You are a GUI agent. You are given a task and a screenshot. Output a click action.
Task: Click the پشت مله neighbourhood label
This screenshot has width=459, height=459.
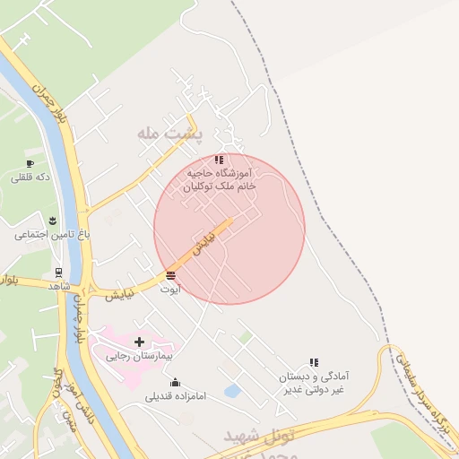click(170, 134)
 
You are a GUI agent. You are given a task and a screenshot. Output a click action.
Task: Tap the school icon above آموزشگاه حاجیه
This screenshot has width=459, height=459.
click(220, 160)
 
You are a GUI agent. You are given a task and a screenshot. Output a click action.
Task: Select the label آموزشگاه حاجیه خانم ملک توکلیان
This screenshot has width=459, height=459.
click(221, 179)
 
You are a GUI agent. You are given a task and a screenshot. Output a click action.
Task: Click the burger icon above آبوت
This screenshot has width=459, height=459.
click(170, 275)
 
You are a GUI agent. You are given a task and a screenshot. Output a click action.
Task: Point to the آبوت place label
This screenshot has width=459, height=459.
click(170, 289)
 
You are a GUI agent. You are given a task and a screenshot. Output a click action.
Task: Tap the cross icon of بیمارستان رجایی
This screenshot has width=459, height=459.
click(139, 342)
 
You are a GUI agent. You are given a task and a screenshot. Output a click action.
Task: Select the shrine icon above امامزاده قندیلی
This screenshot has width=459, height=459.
click(175, 382)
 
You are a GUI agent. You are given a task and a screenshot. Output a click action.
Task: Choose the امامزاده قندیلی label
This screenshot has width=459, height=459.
click(177, 395)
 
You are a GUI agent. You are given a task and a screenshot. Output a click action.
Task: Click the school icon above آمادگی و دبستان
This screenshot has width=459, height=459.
click(314, 362)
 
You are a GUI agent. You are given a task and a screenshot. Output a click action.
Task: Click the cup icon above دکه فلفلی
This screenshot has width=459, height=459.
click(30, 163)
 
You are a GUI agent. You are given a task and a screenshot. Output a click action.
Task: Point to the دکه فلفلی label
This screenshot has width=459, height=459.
click(31, 178)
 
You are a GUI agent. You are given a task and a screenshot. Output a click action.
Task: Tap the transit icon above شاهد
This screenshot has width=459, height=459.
click(58, 272)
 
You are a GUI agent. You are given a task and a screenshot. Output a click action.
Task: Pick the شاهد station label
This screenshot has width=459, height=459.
click(59, 285)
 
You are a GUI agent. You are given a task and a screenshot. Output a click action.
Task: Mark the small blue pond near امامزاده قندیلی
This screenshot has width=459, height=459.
click(232, 391)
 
